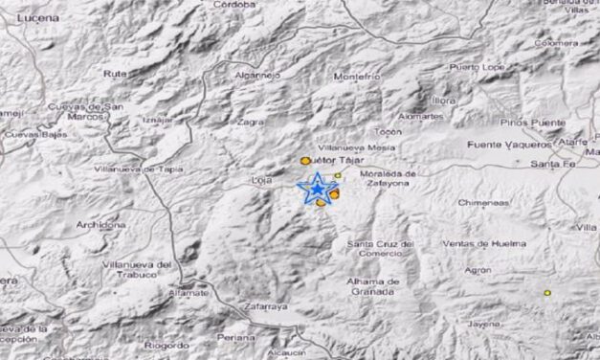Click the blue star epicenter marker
coord(316,187)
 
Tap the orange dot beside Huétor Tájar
coord(305,161)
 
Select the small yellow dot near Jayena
coord(547,292)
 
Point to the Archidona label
coord(100,224)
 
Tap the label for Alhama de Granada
coord(373,286)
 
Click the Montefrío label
coord(358,76)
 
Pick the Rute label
coord(115,73)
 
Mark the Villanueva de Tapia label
coord(139,169)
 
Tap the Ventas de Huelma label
coord(484,243)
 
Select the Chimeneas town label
coord(482,203)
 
